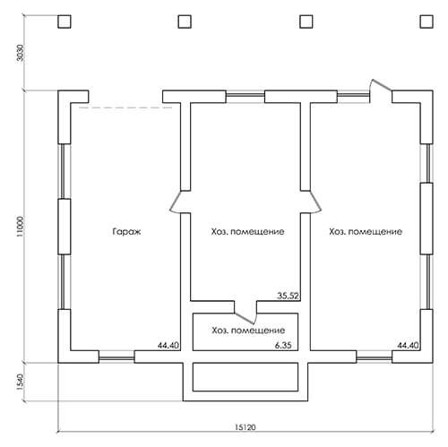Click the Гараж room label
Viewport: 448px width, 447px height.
126,232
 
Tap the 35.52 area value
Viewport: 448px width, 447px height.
289,296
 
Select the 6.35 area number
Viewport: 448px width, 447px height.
283,346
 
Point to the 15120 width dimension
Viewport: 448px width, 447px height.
246,427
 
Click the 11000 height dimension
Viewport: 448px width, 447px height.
20,227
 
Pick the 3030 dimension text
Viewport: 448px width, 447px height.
20,53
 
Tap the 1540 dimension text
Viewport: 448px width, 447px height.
20,382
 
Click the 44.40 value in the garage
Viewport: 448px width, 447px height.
168,346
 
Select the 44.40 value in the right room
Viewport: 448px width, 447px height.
408,346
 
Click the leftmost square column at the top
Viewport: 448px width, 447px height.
65,21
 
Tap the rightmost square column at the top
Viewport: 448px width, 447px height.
426,21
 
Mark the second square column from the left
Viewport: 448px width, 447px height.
185,21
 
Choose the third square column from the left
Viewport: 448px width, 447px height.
306,21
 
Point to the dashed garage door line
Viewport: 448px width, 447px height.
125,107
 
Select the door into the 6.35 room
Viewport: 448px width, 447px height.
246,313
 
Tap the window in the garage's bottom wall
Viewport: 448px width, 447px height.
116,357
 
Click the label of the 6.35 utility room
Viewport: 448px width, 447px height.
248,331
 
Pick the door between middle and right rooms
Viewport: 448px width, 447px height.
311,202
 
